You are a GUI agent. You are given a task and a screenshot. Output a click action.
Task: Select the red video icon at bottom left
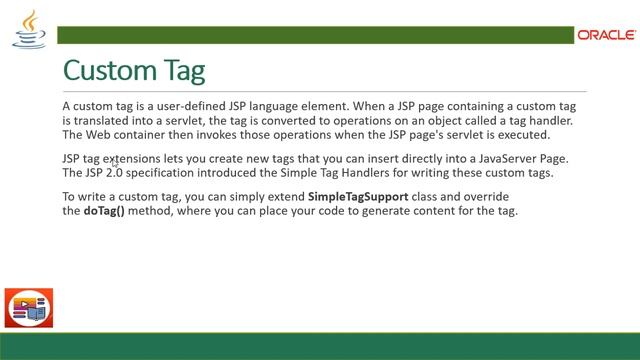pyautogui.click(x=29, y=309)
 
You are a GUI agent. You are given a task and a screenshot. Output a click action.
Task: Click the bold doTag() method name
pyautogui.click(x=103, y=212)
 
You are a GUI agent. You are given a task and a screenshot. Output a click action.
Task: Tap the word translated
pyautogui.click(x=99, y=120)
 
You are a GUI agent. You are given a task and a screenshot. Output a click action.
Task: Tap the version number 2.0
pyautogui.click(x=119, y=173)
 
